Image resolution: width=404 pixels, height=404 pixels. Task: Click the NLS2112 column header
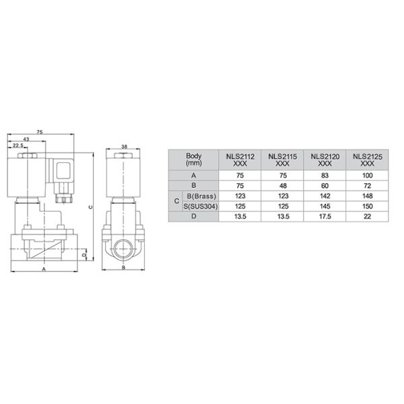pos(240,159)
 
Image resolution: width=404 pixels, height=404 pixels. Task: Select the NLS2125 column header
pos(368,159)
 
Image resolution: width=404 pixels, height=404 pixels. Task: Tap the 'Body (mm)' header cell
pos(193,159)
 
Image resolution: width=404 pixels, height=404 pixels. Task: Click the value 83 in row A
pos(325,175)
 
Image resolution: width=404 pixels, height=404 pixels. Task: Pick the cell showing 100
pos(368,175)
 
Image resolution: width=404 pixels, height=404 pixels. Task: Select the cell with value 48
pos(283,185)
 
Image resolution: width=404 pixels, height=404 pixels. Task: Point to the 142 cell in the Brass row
pos(325,196)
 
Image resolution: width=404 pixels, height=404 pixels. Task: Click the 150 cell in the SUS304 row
pos(368,206)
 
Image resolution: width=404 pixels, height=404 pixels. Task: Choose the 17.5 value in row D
pos(325,216)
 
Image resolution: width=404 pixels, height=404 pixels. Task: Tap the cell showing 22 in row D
pos(368,216)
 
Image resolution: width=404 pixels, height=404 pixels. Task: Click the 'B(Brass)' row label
pos(200,196)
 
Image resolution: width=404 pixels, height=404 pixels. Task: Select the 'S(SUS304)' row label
pos(200,206)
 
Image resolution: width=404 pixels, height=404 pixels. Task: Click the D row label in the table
pos(193,216)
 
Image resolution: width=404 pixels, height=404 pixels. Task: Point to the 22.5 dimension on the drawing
pos(18,145)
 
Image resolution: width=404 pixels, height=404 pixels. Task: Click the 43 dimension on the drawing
pos(26,139)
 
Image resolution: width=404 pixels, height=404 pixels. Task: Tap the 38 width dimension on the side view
pos(124,145)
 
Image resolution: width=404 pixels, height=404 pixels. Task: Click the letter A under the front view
pos(44,269)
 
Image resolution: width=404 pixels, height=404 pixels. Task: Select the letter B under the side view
pos(123,269)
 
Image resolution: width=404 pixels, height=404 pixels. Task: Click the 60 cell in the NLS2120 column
pos(325,185)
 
